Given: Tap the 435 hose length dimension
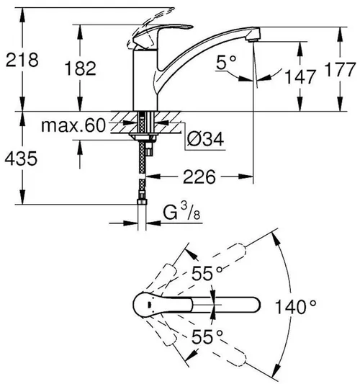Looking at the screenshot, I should coord(21,160).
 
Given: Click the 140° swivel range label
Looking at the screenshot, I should coord(296,306).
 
